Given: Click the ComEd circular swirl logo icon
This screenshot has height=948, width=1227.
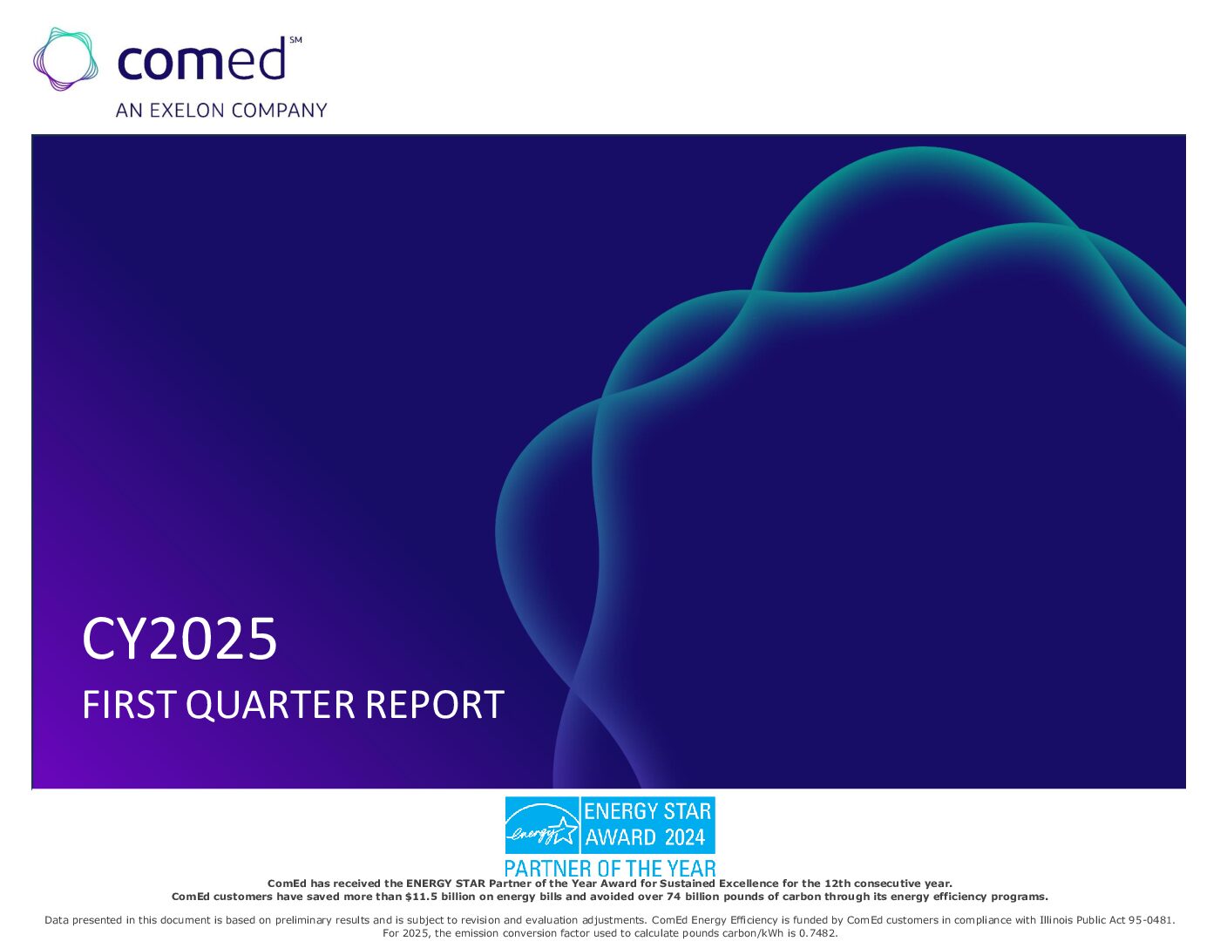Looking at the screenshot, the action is [65, 58].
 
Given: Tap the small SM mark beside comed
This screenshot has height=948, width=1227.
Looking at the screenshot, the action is [295, 40].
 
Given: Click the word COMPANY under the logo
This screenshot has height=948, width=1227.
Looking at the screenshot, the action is [280, 110].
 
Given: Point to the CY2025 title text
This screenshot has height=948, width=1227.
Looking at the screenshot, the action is [180, 639].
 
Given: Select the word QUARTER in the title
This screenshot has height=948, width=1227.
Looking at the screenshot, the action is [270, 705].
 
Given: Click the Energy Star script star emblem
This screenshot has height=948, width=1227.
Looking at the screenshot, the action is [542, 825].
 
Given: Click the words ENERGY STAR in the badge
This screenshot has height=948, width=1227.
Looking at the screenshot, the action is [647, 811].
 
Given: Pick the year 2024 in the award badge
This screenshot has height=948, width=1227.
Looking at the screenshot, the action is [685, 837].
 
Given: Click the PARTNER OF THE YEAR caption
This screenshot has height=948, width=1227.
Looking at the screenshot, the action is [610, 869].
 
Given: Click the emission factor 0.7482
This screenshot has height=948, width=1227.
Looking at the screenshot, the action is [817, 933].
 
